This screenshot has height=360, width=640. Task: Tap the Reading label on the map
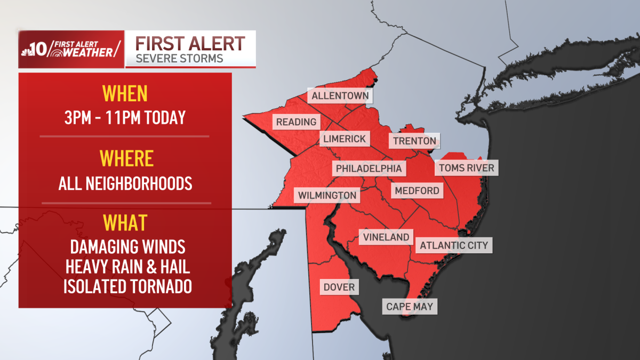pos(297,122)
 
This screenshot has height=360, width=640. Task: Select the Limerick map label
pos(345,139)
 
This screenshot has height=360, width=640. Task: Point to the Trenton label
pos(414,141)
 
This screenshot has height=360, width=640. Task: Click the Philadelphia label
pos(369,169)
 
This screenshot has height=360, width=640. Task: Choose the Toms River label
pos(467,169)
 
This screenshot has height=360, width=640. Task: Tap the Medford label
pos(417,190)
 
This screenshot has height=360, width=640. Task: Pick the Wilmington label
pos(327,195)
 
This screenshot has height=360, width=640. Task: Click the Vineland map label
pos(386,237)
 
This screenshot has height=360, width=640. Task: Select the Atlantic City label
pos(454,246)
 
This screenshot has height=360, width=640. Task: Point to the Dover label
pos(339,287)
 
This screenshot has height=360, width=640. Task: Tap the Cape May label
pos(410,307)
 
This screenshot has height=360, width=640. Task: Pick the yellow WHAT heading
pos(125,223)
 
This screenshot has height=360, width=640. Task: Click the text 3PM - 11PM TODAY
pos(125,117)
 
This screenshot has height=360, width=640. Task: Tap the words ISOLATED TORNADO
pos(127,286)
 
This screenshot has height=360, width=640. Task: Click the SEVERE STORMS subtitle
pos(179,58)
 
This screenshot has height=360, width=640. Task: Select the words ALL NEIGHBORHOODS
pos(125,184)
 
